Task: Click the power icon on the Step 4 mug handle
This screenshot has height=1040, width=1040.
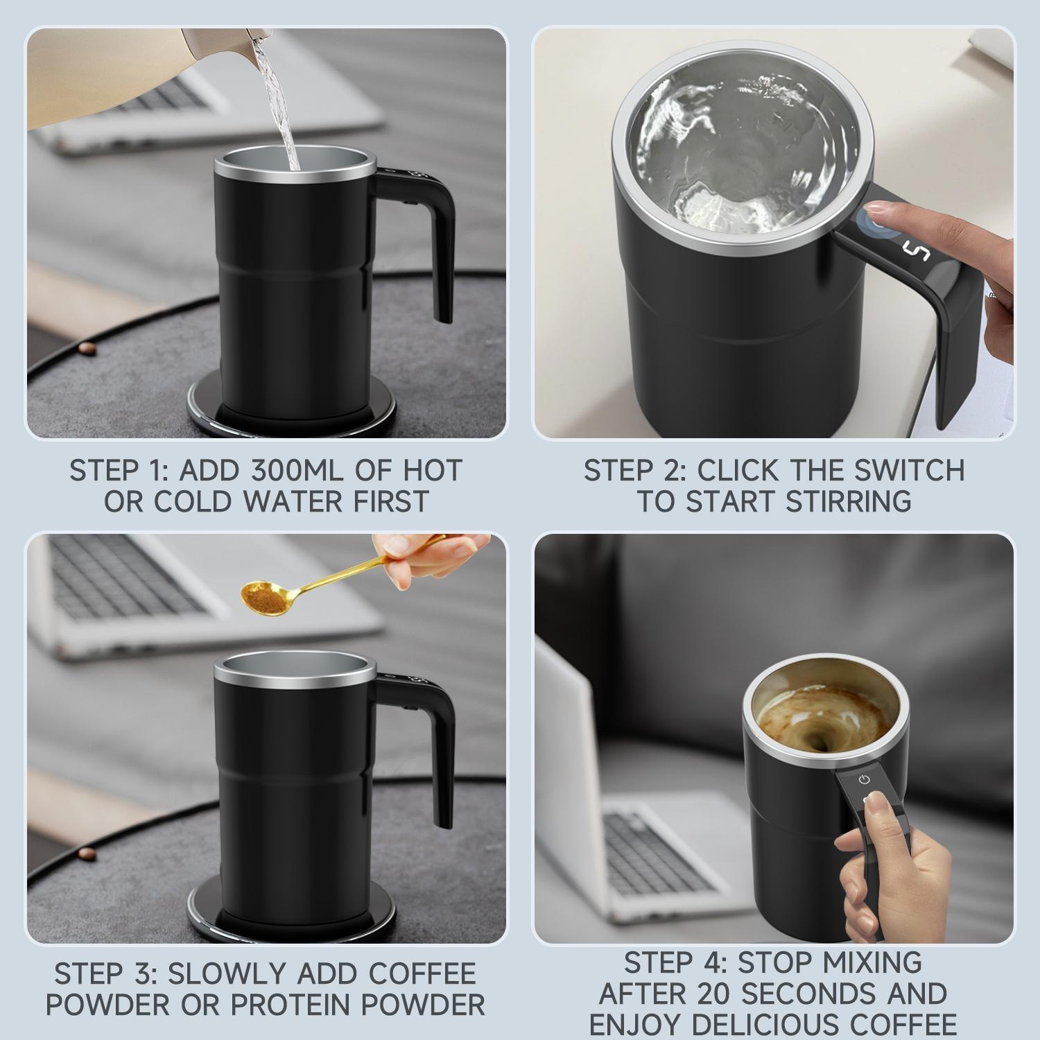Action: tap(863, 779)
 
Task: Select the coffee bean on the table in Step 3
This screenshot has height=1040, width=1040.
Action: tap(86, 852)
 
